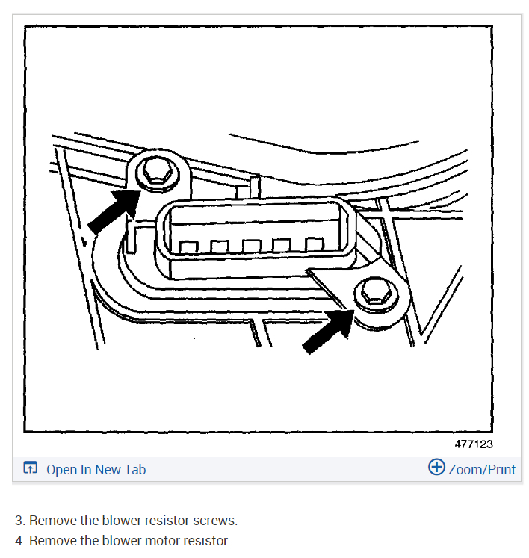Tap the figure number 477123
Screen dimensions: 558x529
pyautogui.click(x=474, y=444)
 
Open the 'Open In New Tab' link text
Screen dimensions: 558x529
pyautogui.click(x=96, y=469)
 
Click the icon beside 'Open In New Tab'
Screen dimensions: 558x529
pyautogui.click(x=30, y=469)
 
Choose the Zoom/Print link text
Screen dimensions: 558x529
pyautogui.click(x=482, y=469)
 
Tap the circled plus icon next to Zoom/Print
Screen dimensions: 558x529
pyautogui.click(x=436, y=468)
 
